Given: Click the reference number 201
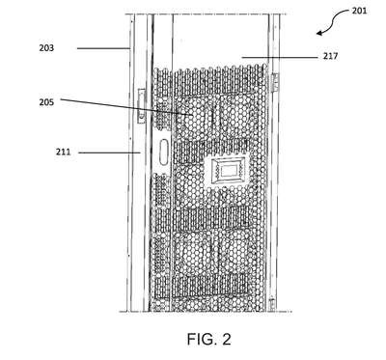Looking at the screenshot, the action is (359, 11).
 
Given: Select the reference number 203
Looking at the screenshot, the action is (46, 48).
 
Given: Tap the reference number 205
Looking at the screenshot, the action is (46, 102).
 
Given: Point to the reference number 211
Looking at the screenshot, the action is (64, 152).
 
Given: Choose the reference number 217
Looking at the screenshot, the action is (331, 56).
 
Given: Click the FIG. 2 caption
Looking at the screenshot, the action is (209, 339).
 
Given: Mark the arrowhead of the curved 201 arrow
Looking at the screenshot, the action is (319, 33).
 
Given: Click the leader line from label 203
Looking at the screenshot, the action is (103, 48).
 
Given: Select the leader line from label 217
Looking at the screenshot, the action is (280, 57).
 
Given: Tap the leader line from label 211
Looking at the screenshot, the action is (109, 152).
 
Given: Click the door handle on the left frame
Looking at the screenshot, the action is (141, 106).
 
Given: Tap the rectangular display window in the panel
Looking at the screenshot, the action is (226, 170).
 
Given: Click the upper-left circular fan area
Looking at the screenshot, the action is (192, 117).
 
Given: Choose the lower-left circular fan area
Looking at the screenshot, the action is (192, 254).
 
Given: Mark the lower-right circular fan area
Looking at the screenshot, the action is (237, 254).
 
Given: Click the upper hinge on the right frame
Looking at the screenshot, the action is (275, 82).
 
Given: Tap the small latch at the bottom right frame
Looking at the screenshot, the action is (272, 302).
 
